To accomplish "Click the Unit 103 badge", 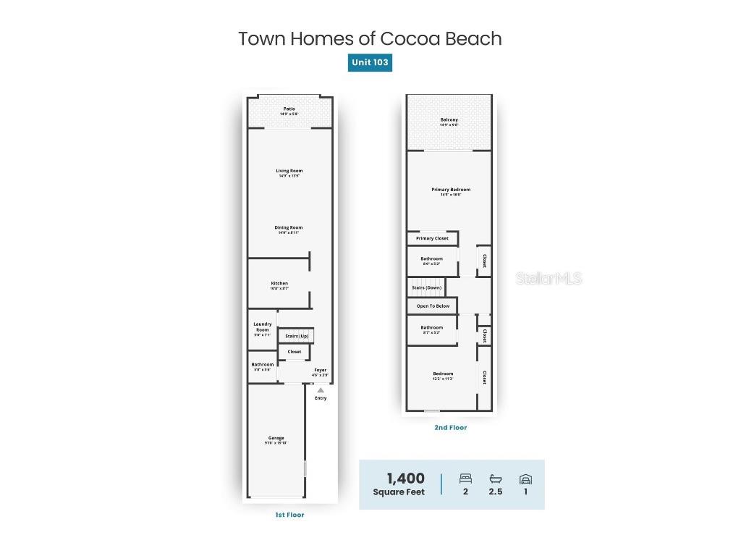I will coord(370,62).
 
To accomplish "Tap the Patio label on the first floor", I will coord(289,109).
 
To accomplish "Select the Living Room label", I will coord(289,172).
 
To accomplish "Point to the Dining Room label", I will coord(289,228).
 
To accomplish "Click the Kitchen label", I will coord(279,284).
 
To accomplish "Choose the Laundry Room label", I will coord(263,327).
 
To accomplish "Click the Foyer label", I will coord(320,371).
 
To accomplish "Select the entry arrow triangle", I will coord(321,390).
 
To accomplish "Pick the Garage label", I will coord(276,438).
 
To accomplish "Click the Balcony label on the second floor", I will coord(449,120).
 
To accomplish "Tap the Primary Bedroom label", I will coord(451,190).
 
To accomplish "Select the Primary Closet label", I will coord(432,238).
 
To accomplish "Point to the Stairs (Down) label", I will coord(427,287).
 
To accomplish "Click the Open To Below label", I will coord(433,306).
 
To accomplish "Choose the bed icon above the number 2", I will coord(465,479).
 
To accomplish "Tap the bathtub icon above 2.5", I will coord(496,479).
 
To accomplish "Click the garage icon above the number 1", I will coord(525,479).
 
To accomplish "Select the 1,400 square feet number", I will coord(405,479).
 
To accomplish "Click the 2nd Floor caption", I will coord(450,428).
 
